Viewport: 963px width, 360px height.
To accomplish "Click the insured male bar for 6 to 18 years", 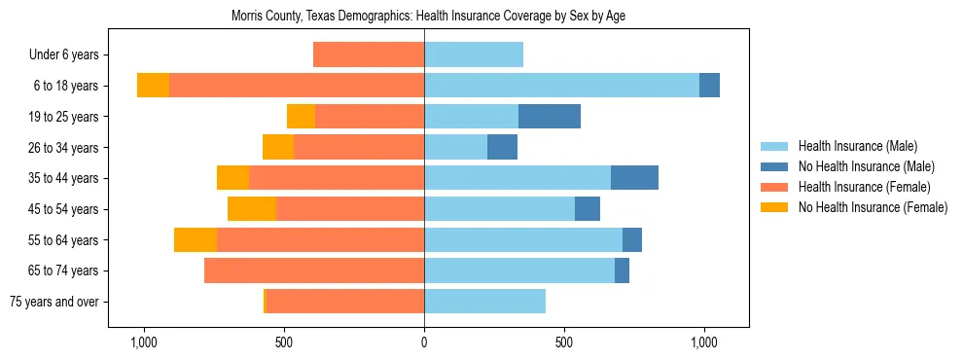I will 561,86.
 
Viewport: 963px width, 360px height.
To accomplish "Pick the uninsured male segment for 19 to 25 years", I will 550,117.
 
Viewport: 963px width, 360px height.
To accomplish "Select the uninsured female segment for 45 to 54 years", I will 252,209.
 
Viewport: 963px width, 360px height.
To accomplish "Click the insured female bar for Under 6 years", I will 369,55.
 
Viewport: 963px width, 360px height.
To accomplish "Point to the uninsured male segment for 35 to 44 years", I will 634,178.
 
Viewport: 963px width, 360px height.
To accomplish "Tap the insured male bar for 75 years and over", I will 484,302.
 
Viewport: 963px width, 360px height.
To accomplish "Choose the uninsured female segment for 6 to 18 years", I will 153,86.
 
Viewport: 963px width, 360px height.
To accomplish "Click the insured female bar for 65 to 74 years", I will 314,270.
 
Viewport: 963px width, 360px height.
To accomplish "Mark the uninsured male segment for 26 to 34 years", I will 502,148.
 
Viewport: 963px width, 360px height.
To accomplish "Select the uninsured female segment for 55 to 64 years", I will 196,240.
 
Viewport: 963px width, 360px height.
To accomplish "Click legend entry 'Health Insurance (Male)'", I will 857,146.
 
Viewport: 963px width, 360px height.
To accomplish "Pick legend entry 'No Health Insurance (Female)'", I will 873,207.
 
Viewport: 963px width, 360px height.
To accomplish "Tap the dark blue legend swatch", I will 774,166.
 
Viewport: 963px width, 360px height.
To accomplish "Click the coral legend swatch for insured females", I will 774,187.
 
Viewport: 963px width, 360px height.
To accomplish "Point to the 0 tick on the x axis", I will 424,342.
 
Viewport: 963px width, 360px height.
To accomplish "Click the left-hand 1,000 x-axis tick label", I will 143,342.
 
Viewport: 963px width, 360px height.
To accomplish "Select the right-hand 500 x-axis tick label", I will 564,342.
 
